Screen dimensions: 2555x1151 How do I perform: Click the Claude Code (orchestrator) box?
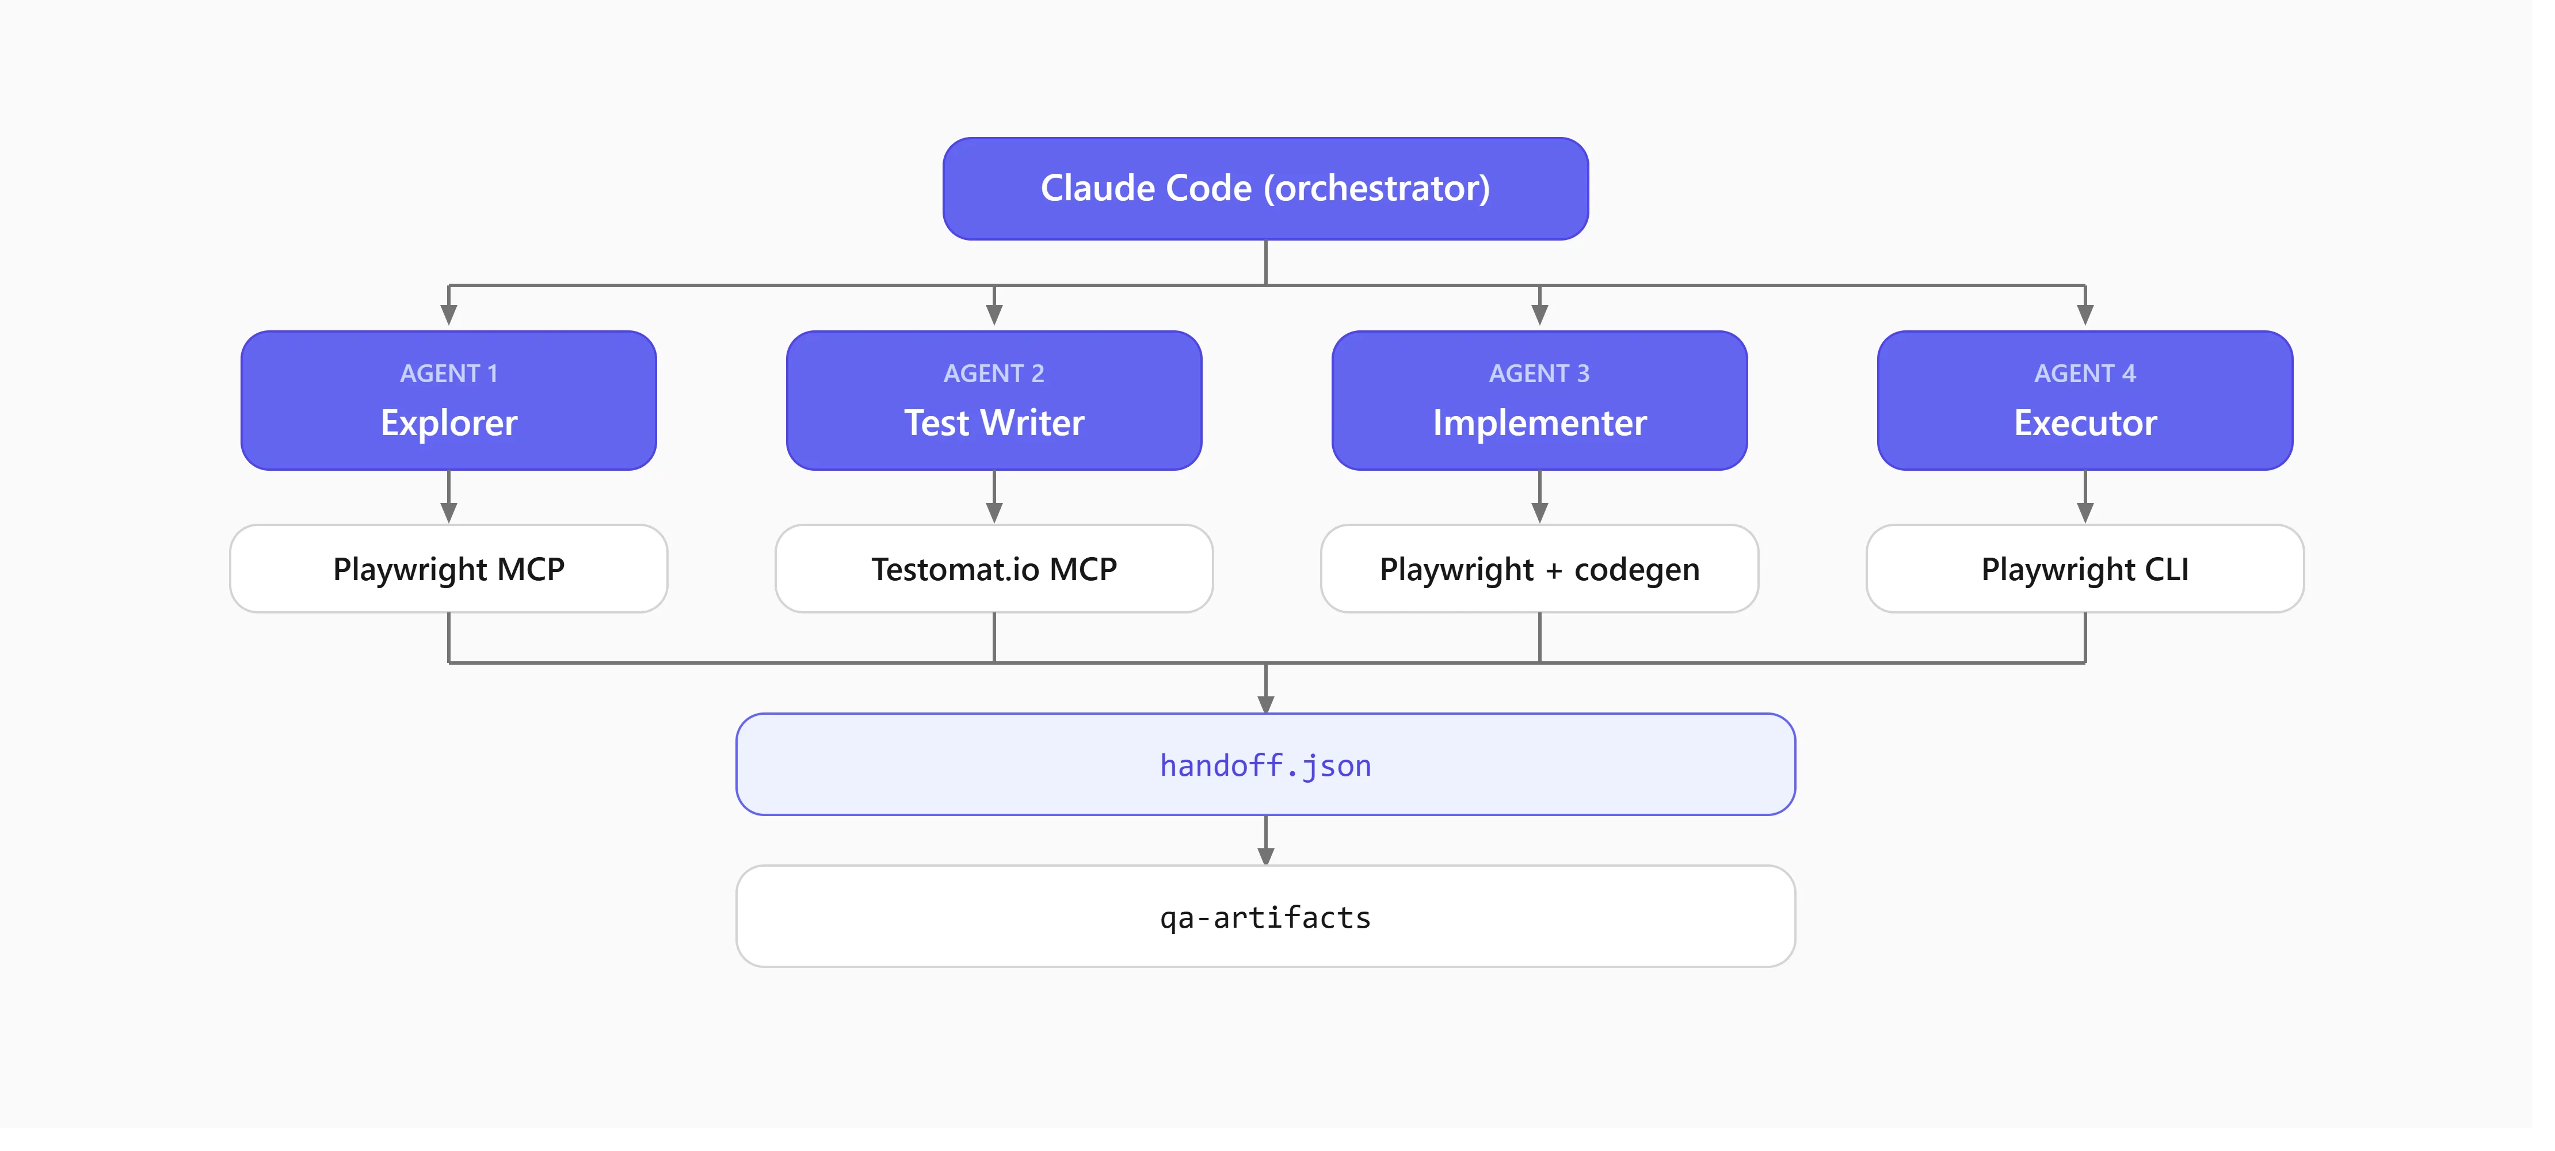pyautogui.click(x=1265, y=189)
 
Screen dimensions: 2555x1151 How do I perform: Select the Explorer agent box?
pyautogui.click(x=449, y=401)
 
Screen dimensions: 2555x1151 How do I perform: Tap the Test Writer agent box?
pyautogui.click(x=994, y=401)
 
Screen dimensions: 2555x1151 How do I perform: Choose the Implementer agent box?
pyautogui.click(x=1539, y=401)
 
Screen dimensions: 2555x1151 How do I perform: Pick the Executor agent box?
pyautogui.click(x=2085, y=401)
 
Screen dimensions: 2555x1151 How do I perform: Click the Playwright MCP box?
pyautogui.click(x=449, y=569)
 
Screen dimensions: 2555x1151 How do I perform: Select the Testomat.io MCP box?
pyautogui.click(x=994, y=569)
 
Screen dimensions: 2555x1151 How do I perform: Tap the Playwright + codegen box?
pyautogui.click(x=1539, y=569)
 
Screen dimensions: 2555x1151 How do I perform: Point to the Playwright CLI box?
pyautogui.click(x=2085, y=569)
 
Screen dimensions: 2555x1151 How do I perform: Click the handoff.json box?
pyautogui.click(x=1265, y=765)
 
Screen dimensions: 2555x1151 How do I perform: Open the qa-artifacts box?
pyautogui.click(x=1265, y=917)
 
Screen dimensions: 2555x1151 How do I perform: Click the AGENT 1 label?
pyautogui.click(x=449, y=374)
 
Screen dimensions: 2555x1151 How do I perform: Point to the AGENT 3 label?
pyautogui.click(x=1539, y=374)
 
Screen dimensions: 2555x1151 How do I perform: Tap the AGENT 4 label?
pyautogui.click(x=2085, y=374)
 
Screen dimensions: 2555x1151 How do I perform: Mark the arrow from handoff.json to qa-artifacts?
pyautogui.click(x=1265, y=840)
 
